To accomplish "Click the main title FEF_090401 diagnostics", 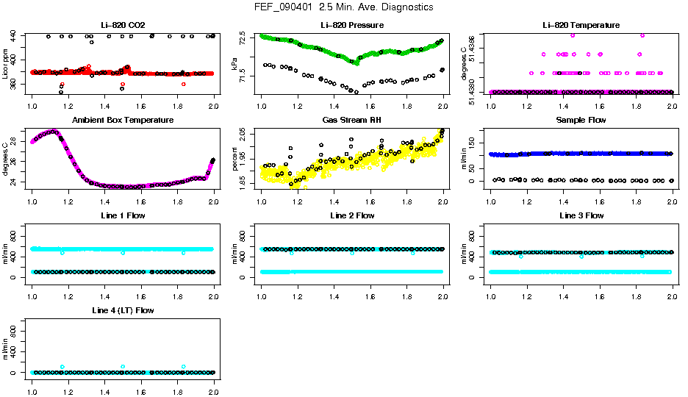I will (343, 7).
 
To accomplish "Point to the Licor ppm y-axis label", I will (6, 65).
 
